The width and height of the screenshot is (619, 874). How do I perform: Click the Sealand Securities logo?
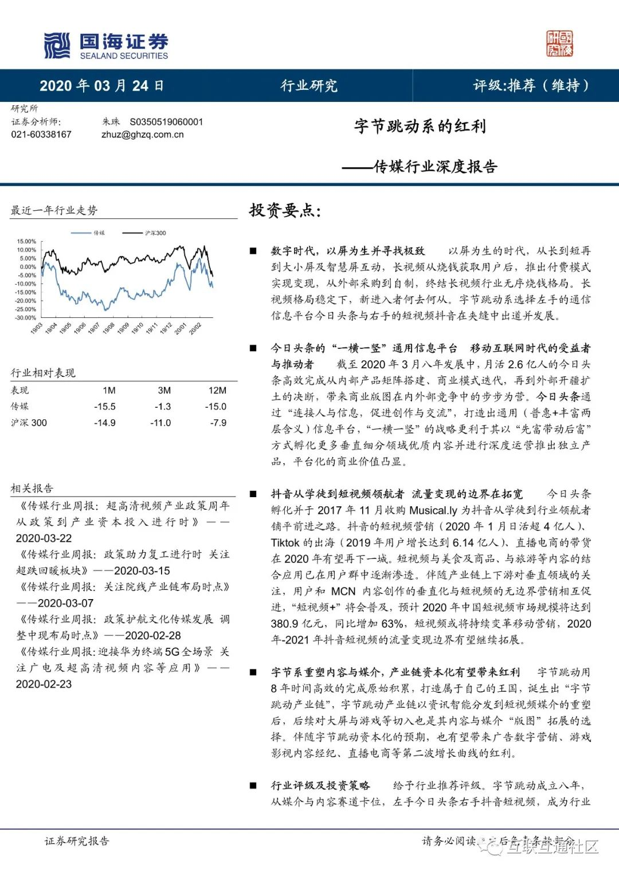point(106,46)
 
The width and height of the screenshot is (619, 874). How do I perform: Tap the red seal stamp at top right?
point(559,44)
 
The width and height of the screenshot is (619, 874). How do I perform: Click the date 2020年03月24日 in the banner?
point(101,86)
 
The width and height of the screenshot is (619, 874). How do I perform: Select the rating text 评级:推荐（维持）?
point(531,86)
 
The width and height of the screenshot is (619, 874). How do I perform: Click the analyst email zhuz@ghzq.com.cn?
point(142,135)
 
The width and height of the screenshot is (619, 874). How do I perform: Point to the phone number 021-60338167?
point(41,135)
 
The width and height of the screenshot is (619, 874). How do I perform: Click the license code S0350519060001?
point(166,121)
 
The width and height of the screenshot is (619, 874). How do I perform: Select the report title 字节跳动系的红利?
point(420,126)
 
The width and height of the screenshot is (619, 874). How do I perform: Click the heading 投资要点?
point(285,210)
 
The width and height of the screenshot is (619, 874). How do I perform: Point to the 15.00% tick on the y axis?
point(26,242)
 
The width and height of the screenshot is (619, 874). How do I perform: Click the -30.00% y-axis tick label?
point(26,318)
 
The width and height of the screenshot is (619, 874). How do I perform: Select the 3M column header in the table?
point(164,391)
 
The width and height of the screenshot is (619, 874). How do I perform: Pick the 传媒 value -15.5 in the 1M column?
point(105,407)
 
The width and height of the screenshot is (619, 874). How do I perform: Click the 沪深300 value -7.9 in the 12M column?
point(218,423)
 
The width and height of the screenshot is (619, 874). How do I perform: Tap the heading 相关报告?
point(32,489)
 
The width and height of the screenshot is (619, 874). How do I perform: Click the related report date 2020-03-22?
point(44,538)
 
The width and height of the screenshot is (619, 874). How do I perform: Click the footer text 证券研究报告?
point(77,841)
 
